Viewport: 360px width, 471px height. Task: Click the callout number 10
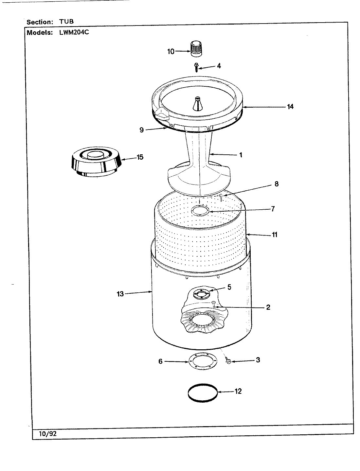171,51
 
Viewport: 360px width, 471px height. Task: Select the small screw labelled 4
196,67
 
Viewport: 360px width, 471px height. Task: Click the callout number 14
290,106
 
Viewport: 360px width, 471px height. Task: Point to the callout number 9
141,130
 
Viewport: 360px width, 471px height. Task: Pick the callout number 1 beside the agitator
241,155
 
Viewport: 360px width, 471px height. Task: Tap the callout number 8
276,184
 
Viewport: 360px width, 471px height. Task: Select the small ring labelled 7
201,211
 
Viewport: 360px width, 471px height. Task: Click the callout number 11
274,235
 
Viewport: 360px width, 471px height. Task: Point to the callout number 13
120,294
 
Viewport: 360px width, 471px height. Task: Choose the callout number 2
268,307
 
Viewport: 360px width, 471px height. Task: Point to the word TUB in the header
66,22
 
